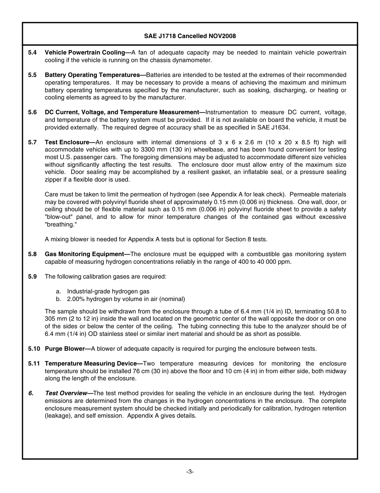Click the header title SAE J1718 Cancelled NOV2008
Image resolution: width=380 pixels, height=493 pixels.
[190, 36]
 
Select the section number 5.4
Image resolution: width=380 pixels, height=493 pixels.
[32, 53]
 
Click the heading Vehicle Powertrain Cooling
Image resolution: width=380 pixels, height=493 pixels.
[84, 53]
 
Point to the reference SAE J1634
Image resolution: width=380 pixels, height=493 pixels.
[274, 127]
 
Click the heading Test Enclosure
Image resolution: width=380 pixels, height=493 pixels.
[66, 142]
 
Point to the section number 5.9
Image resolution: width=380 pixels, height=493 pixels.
[32, 277]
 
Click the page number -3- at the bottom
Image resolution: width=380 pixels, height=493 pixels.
[190, 472]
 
